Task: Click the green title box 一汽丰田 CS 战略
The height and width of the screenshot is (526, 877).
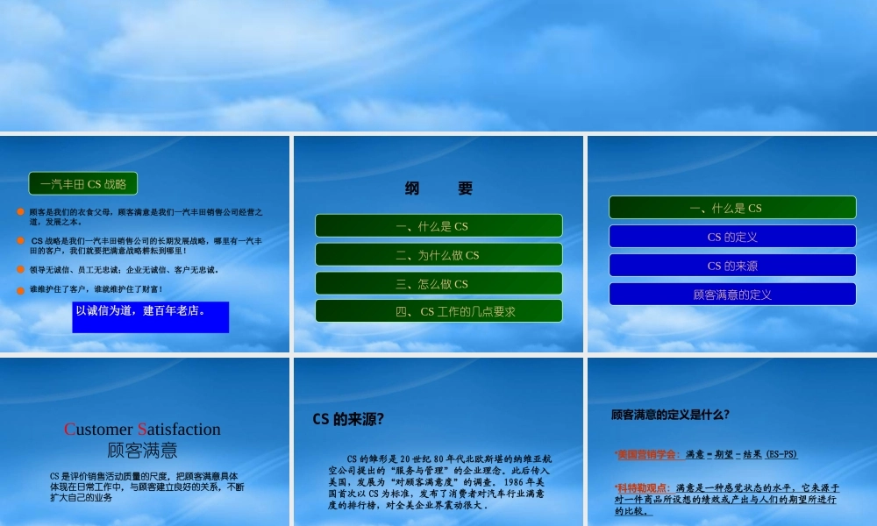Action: [x=83, y=184]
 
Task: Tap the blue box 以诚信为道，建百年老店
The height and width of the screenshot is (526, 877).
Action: [x=151, y=316]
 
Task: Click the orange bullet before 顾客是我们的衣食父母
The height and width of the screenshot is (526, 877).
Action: [x=20, y=212]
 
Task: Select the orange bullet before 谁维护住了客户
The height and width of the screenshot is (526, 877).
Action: [x=20, y=289]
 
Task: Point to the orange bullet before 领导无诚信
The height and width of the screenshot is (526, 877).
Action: [x=20, y=269]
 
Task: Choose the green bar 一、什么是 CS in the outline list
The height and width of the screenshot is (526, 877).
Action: [x=438, y=226]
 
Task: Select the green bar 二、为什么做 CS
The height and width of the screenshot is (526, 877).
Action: [x=438, y=255]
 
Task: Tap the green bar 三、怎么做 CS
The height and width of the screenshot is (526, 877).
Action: [x=438, y=284]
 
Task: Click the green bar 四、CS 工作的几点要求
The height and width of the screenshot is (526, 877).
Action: [x=438, y=311]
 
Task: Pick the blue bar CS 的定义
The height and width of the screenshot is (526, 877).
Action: [x=732, y=237]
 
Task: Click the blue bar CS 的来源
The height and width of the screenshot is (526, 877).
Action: [x=732, y=266]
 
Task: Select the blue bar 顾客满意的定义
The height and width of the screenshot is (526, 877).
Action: [x=732, y=295]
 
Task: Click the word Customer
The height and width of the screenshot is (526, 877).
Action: [x=98, y=430]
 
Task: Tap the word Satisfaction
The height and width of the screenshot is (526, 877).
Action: [x=180, y=430]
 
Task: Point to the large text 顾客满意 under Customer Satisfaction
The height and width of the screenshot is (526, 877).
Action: [x=142, y=451]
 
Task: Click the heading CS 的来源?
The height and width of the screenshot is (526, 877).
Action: [x=348, y=419]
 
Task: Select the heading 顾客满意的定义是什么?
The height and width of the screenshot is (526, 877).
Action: [x=670, y=415]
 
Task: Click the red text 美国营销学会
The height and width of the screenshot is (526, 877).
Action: [x=647, y=454]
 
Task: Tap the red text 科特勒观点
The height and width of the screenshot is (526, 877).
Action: [x=643, y=487]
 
